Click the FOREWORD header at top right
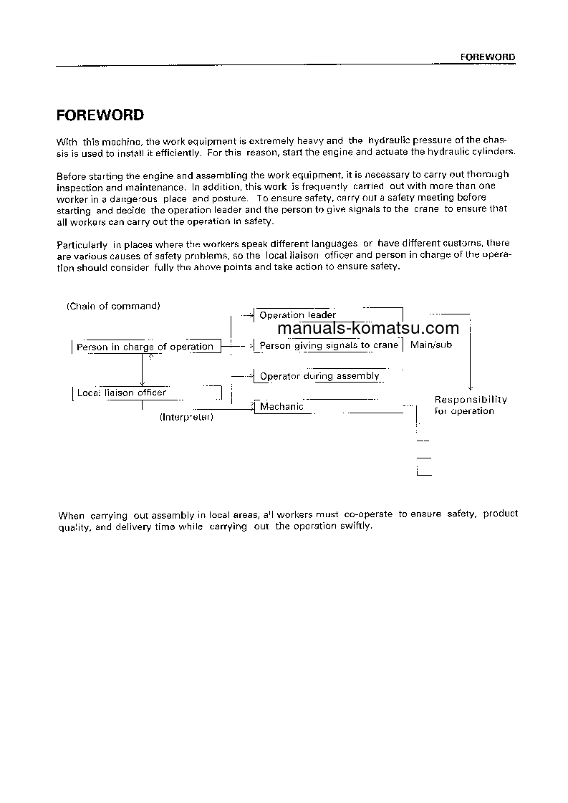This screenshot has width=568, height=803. coord(486,57)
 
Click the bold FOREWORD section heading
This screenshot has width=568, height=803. coord(100,115)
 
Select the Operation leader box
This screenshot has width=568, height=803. coord(297,315)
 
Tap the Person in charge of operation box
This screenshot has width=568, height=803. coord(145,347)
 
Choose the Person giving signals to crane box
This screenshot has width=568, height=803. coord(328,345)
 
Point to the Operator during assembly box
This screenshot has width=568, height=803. coord(319,376)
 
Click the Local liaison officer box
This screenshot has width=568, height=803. coord(121,393)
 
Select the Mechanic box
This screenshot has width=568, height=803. coord(281,406)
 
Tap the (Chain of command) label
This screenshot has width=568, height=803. coord(113,306)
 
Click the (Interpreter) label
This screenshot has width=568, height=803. coord(186,417)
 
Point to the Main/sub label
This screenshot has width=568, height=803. coord(431,345)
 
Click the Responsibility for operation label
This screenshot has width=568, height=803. coord(471,405)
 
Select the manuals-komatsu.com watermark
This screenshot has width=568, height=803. coord(367,329)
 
